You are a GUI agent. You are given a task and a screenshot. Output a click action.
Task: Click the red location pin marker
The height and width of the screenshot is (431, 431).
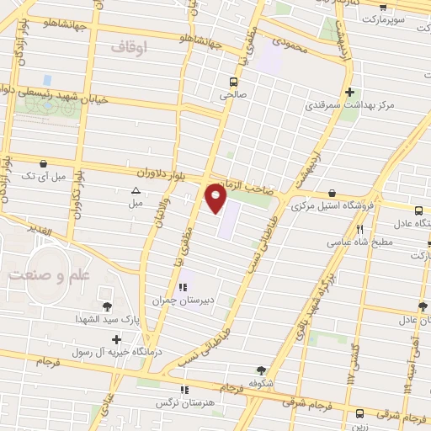[216, 199]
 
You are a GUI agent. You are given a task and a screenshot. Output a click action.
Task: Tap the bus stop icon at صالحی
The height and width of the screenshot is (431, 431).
[232, 82]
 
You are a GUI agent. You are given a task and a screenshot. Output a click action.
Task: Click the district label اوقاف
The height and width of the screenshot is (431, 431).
[152, 48]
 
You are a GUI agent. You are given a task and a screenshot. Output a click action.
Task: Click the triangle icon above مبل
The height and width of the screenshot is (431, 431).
[136, 190]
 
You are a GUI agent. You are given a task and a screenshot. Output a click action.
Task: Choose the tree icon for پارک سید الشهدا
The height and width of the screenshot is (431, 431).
[107, 306]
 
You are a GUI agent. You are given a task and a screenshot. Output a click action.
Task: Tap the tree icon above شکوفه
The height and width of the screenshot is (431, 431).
[261, 370]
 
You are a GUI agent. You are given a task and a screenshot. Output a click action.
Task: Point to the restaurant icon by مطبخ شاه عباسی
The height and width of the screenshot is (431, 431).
[360, 229]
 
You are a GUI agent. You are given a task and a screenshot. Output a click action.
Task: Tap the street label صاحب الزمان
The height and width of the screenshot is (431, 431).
[243, 186]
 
